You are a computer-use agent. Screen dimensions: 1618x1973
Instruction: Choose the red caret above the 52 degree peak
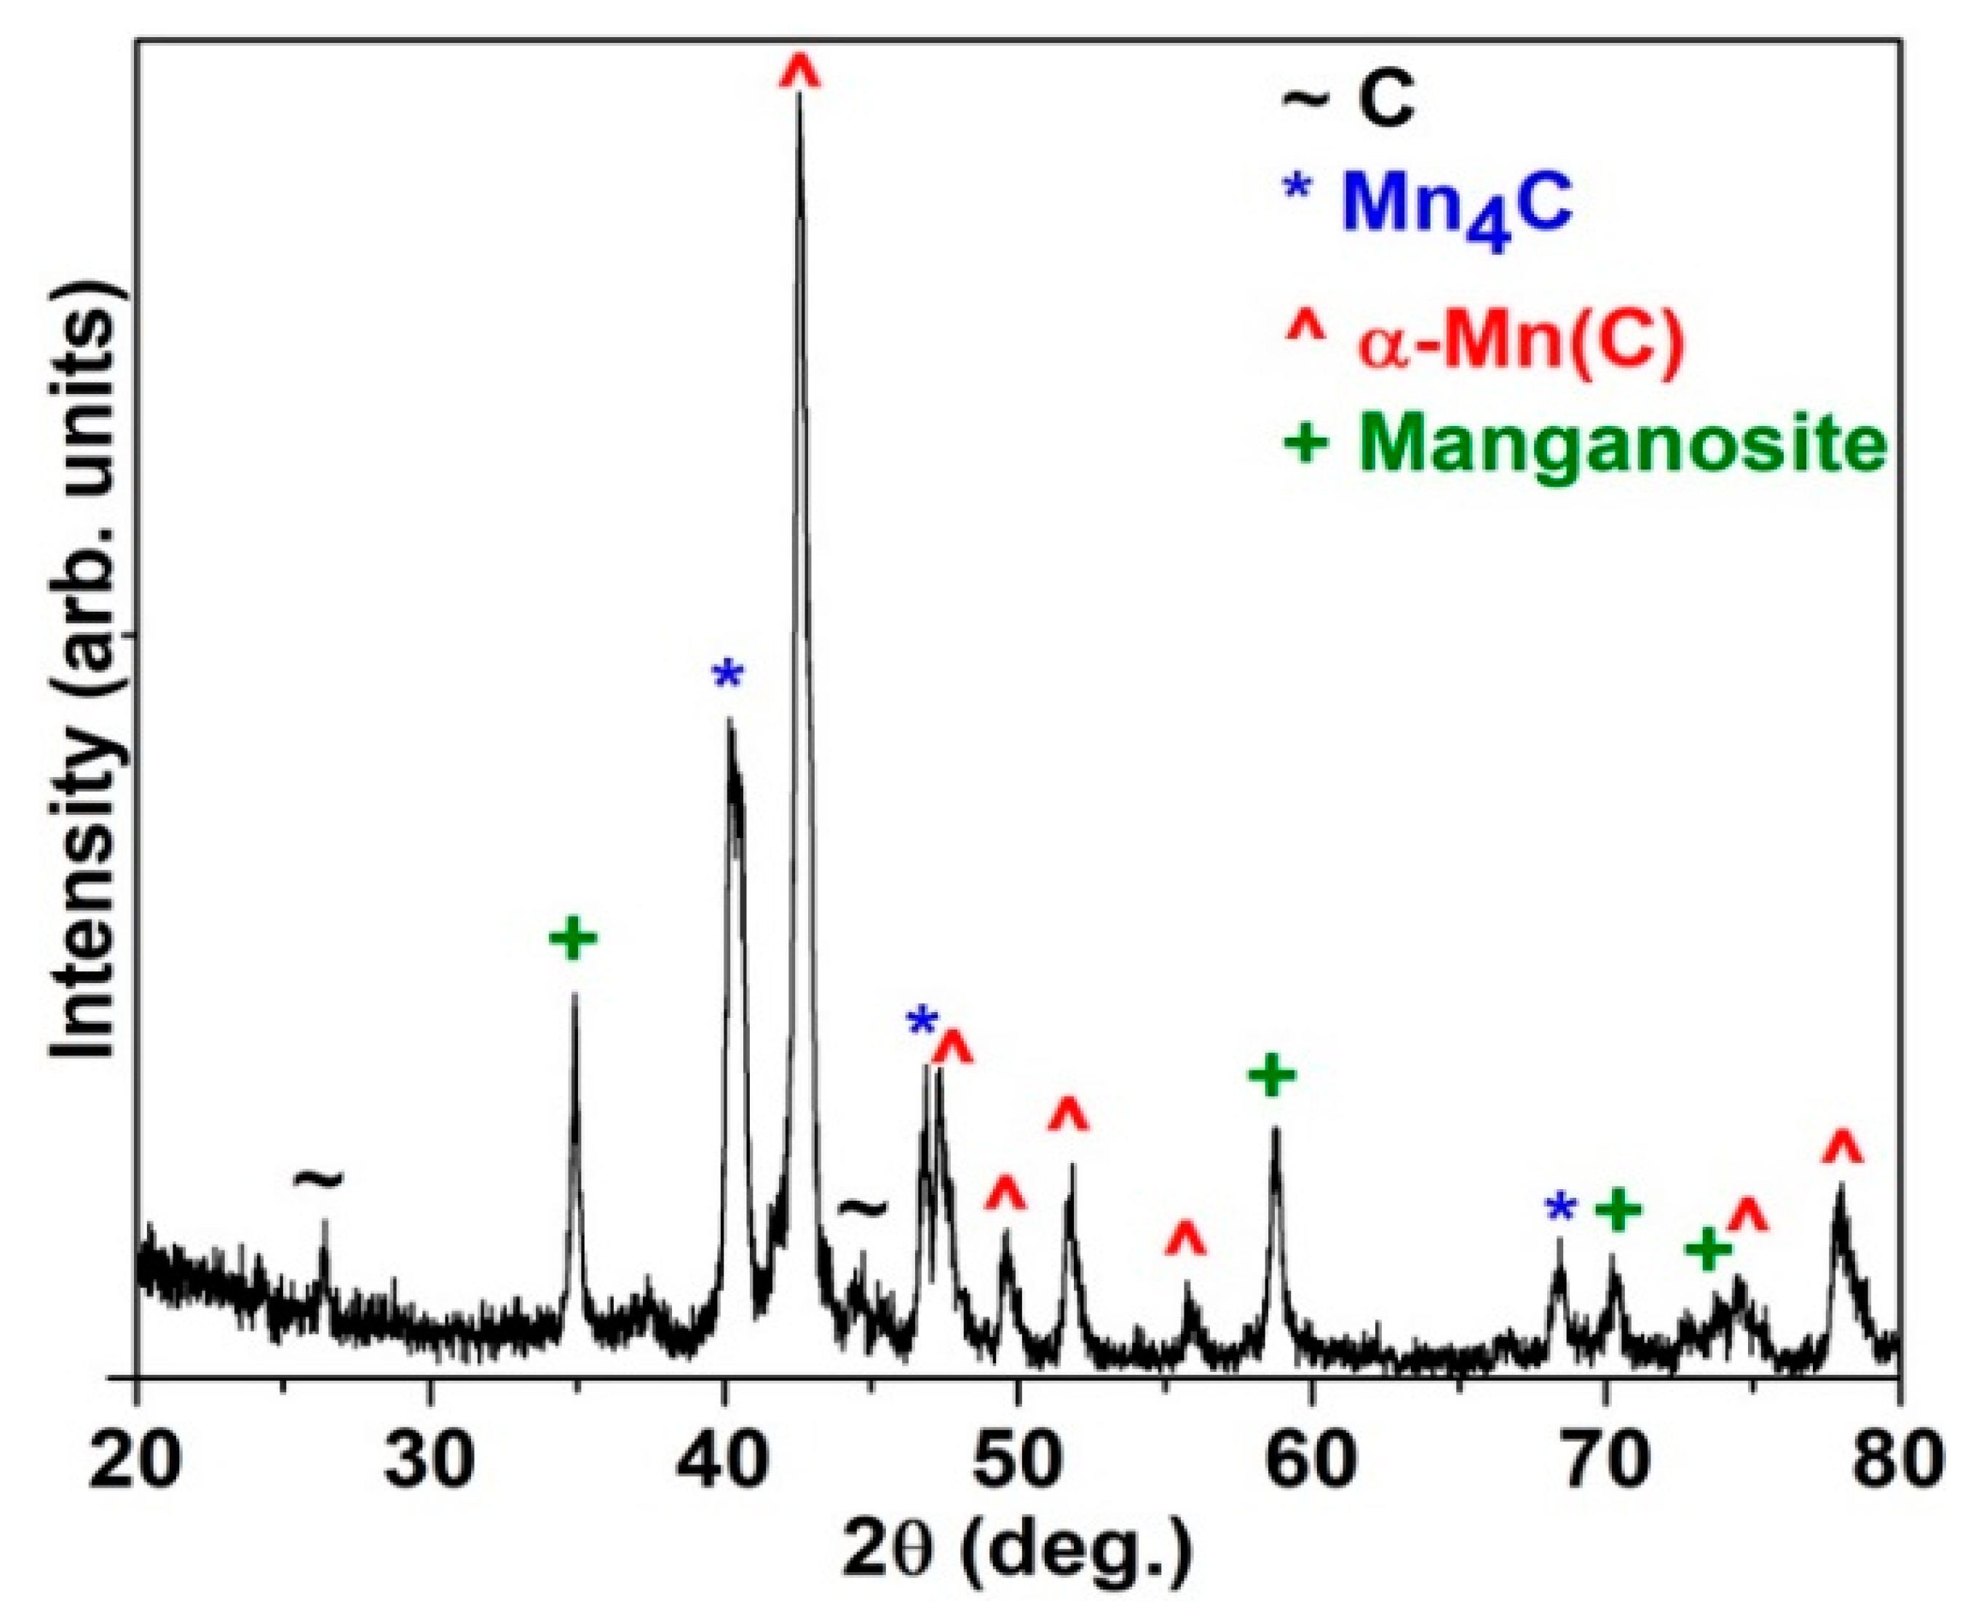tap(1068, 1115)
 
